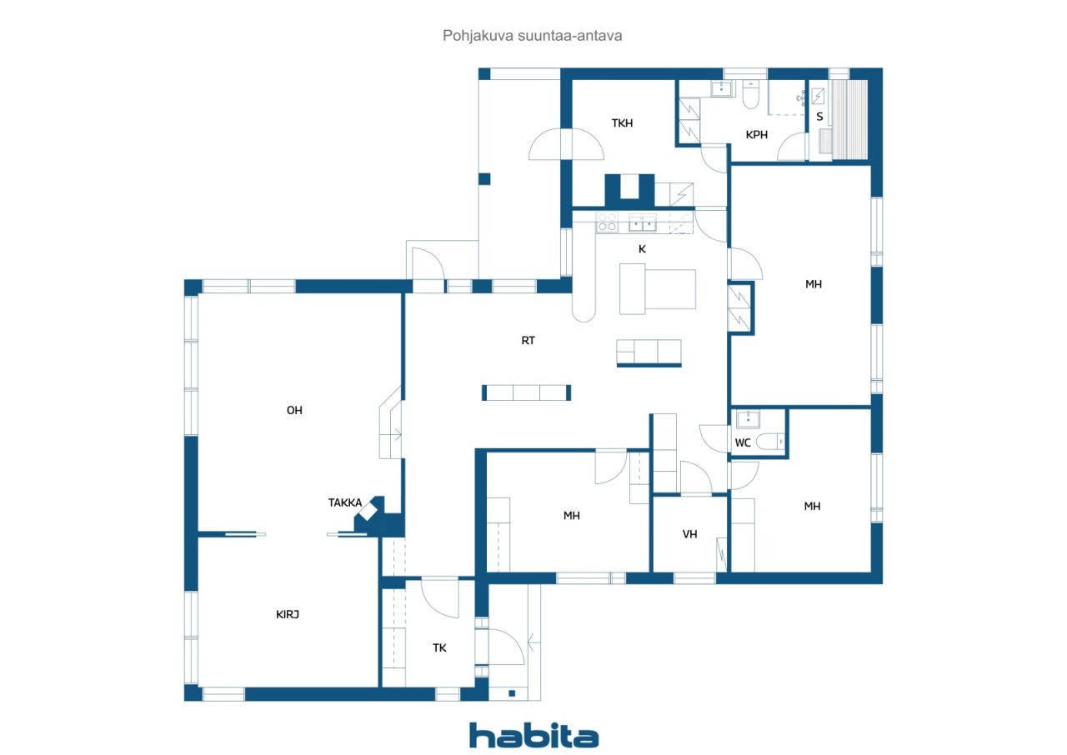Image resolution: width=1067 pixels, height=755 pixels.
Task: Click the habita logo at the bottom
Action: pos(533,736)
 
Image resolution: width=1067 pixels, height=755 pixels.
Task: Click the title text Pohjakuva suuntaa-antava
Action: pos(532,36)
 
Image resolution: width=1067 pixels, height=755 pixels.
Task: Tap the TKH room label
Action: pos(622,123)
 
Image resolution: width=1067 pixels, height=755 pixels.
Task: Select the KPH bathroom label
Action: pos(756,135)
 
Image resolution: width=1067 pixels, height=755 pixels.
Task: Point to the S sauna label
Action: pos(819,117)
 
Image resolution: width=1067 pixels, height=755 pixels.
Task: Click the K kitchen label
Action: pos(642,249)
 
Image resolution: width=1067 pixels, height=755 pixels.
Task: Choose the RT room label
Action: pos(528,340)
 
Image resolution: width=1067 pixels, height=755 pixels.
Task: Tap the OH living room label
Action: pos(294,410)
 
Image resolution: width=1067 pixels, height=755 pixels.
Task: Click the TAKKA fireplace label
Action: pos(345,502)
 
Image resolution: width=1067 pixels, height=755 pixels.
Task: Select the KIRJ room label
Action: pos(288,614)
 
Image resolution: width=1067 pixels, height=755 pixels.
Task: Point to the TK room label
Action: pos(439,647)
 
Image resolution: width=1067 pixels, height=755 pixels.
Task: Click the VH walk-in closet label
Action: pos(689,534)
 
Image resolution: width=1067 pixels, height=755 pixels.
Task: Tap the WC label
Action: pos(743,443)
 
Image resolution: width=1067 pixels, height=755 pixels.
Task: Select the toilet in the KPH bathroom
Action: pos(751,94)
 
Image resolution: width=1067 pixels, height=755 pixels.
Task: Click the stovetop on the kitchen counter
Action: pos(607,222)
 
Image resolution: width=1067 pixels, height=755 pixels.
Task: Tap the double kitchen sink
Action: pos(643,222)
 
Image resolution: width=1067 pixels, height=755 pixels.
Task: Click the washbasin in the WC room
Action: pos(748,419)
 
